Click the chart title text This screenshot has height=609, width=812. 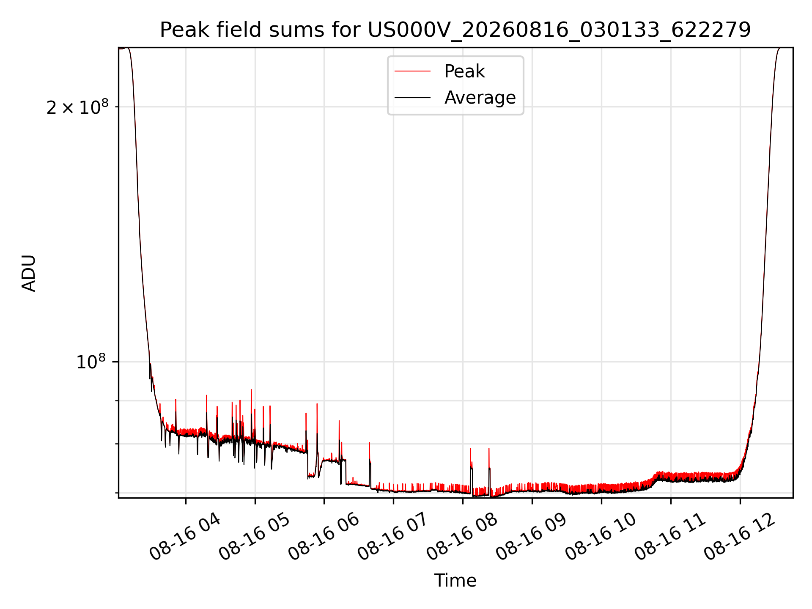click(x=455, y=30)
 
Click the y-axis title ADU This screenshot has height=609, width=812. click(x=29, y=273)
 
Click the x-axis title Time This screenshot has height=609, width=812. click(x=455, y=581)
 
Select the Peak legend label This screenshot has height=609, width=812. click(x=464, y=71)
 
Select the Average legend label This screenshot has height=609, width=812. click(x=480, y=98)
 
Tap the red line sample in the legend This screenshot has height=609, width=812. click(x=412, y=71)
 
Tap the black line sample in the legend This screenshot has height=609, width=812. click(x=412, y=98)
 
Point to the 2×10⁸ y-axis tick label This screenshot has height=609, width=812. click(x=77, y=107)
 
